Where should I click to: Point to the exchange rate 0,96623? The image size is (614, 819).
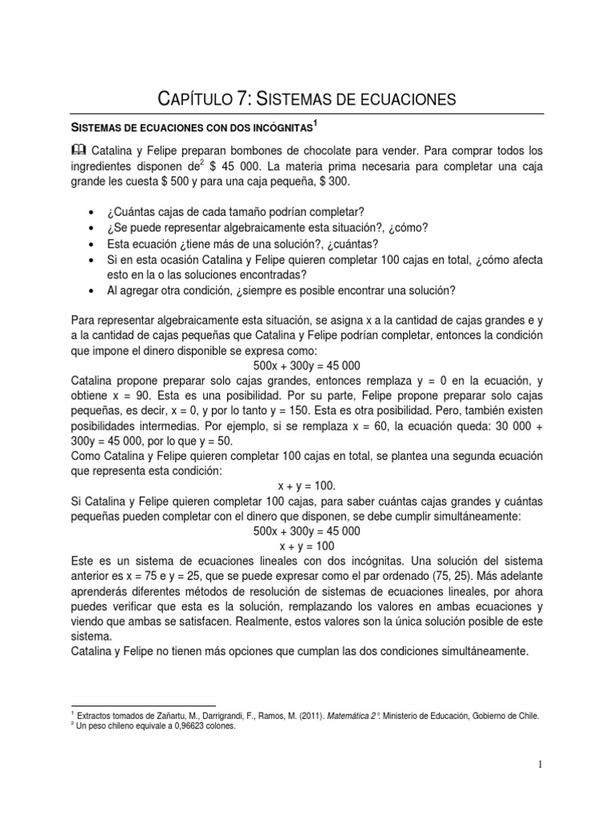(x=175, y=727)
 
